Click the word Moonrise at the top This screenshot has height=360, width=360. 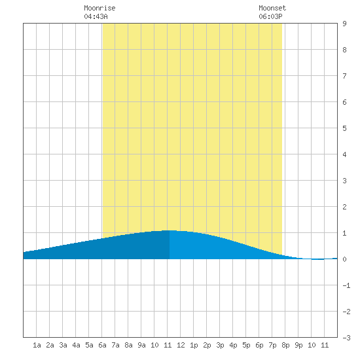pos(99,8)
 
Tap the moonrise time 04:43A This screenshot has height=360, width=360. pos(96,16)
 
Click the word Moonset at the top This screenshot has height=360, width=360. pos(272,8)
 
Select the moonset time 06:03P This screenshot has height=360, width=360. pos(270,16)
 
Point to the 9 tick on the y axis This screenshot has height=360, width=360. pos(344,24)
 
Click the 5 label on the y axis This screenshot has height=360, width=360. pos(344,128)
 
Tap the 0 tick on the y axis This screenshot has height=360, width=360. pos(344,259)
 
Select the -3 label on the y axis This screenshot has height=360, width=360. pos(346,338)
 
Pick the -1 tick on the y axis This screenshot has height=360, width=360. pos(346,285)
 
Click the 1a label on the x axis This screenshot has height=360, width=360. pos(37,345)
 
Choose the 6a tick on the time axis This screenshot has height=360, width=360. pos(102,345)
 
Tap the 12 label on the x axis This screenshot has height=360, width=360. pos(181,345)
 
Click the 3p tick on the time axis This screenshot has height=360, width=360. pos(220,345)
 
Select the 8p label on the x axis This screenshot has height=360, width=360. pos(285,345)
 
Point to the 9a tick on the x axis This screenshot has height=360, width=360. pos(141,345)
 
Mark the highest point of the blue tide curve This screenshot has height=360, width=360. pos(171,230)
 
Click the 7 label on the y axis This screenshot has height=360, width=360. pos(344,76)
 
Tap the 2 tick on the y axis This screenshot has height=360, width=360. pos(344,207)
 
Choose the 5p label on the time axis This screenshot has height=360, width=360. pos(246,345)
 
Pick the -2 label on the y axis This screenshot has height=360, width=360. pos(346,312)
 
